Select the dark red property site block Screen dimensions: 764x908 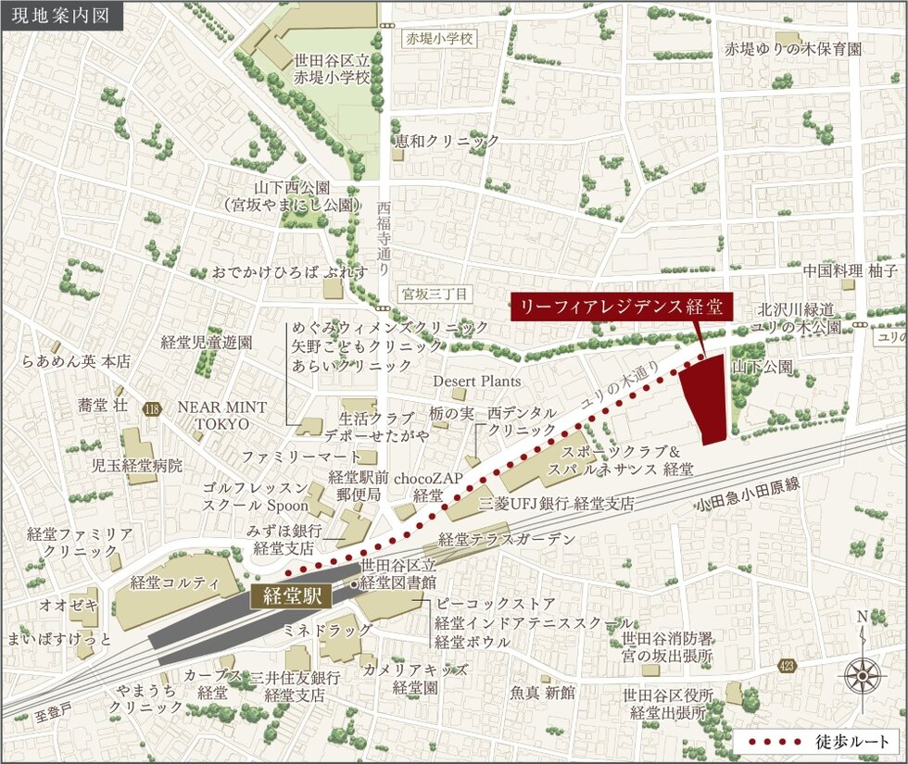(706, 399)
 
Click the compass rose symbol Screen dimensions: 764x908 (863, 675)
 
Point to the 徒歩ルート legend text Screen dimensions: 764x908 (853, 742)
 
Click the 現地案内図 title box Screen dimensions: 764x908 (62, 16)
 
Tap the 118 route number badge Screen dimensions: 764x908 (152, 408)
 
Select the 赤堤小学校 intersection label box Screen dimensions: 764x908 (439, 39)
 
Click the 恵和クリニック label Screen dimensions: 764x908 (447, 141)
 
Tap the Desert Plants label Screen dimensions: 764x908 (477, 381)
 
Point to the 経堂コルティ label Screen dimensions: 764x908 (174, 582)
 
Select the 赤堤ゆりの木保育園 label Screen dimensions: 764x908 (793, 48)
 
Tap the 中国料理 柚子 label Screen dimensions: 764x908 (847, 271)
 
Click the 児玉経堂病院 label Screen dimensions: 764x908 (137, 465)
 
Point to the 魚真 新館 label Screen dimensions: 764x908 (542, 692)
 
